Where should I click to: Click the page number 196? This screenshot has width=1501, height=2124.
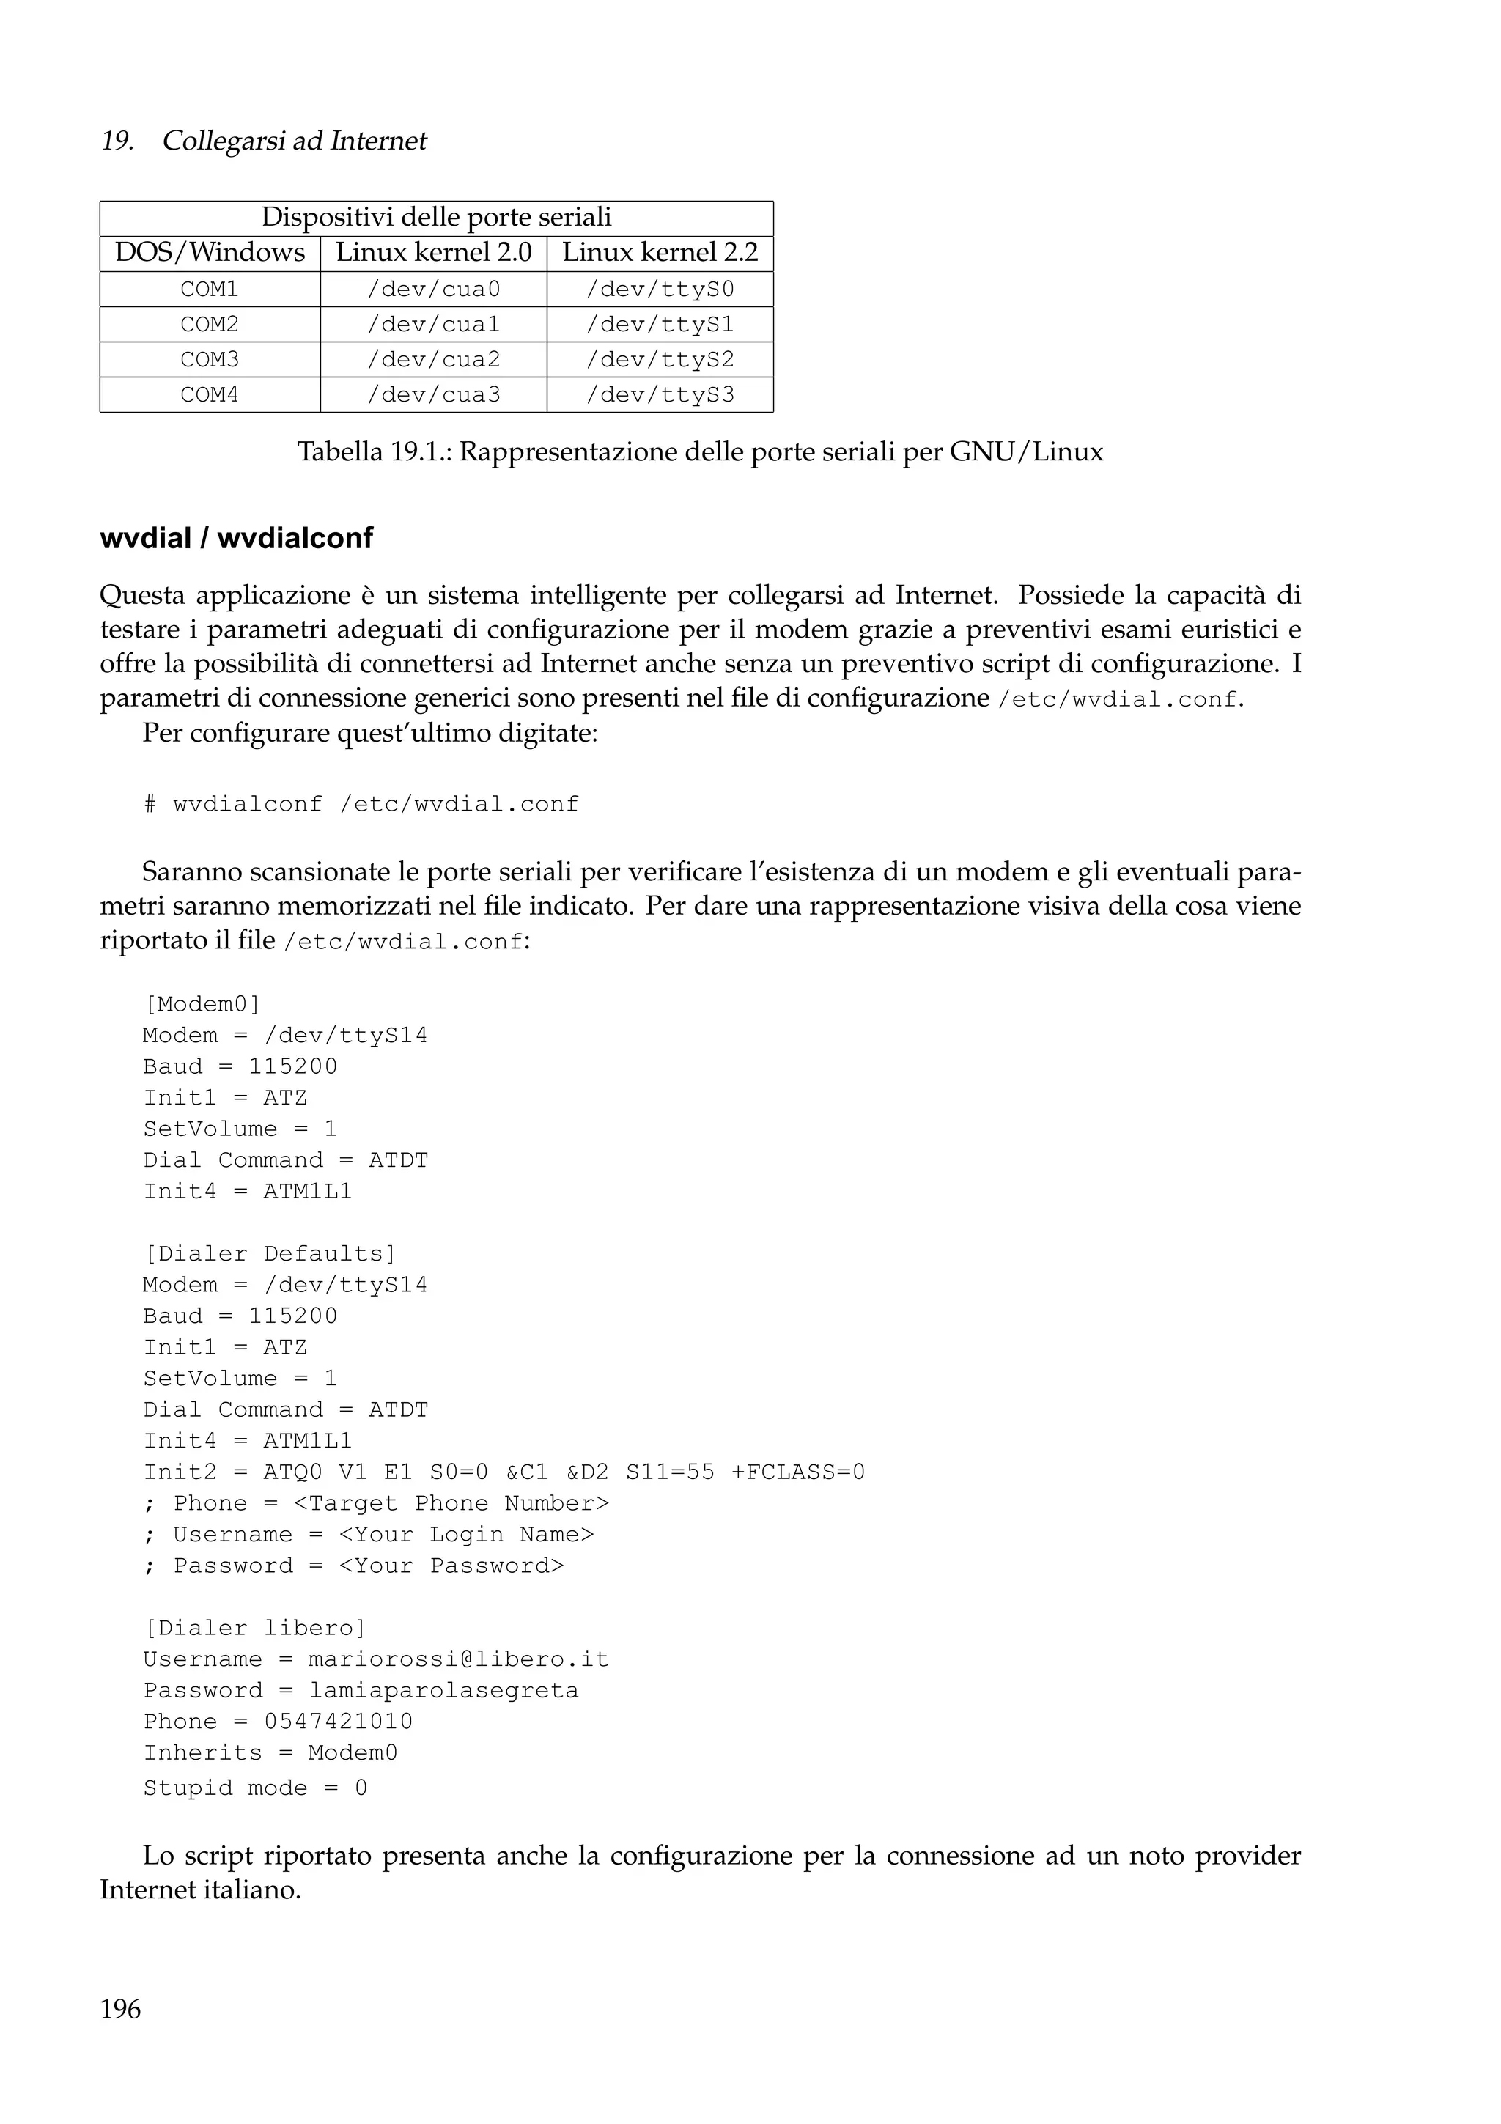(120, 2008)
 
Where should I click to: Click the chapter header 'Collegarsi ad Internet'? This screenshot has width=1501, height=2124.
(294, 141)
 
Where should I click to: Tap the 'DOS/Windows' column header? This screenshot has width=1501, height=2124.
(210, 253)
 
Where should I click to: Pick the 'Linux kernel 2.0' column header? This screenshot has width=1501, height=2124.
(434, 253)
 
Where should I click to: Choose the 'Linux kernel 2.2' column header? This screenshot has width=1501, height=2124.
(660, 253)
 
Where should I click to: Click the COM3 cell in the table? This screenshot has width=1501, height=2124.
(210, 360)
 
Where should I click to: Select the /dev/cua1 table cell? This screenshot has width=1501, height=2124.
(434, 325)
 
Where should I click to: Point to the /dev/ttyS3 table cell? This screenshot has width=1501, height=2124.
(660, 395)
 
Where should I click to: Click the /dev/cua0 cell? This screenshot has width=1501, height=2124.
(434, 290)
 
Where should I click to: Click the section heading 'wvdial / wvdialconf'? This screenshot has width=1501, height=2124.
(236, 539)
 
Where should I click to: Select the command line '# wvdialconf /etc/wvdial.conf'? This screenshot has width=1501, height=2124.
(361, 804)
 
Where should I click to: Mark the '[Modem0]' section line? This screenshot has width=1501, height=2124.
(202, 1003)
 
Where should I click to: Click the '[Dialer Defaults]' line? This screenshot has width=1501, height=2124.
(270, 1253)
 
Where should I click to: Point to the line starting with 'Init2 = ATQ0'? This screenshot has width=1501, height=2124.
(504, 1472)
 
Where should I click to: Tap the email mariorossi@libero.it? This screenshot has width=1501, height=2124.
(459, 1659)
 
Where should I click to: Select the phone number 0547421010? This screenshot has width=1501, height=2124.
(339, 1722)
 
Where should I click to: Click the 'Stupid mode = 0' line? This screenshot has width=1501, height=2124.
(255, 1788)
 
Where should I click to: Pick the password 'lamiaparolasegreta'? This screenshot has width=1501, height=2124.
(444, 1691)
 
